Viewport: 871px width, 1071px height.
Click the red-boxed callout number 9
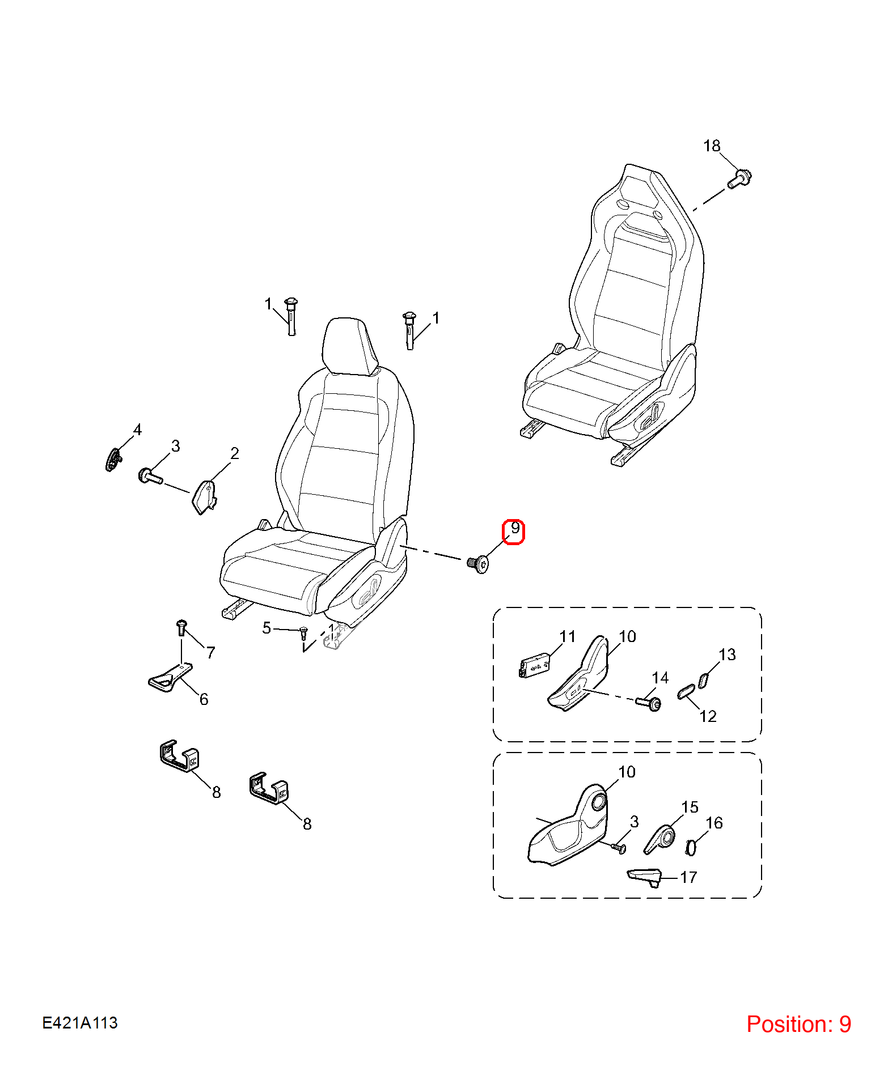[514, 529]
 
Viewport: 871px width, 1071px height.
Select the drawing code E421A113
[80, 1022]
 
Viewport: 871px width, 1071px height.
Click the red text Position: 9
[798, 1024]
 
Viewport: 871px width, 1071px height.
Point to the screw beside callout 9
[477, 564]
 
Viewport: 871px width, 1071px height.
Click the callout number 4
[137, 430]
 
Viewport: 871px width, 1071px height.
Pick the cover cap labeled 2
[205, 496]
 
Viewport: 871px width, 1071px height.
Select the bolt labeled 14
[649, 703]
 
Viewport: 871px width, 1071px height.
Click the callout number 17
[688, 877]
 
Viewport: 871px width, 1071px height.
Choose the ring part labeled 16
[691, 847]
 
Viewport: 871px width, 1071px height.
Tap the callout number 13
[727, 655]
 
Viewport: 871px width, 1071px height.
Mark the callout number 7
[210, 653]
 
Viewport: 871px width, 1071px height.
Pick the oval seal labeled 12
[686, 691]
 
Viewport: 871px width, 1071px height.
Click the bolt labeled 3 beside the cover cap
[150, 476]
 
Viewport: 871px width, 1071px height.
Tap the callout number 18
[712, 146]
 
